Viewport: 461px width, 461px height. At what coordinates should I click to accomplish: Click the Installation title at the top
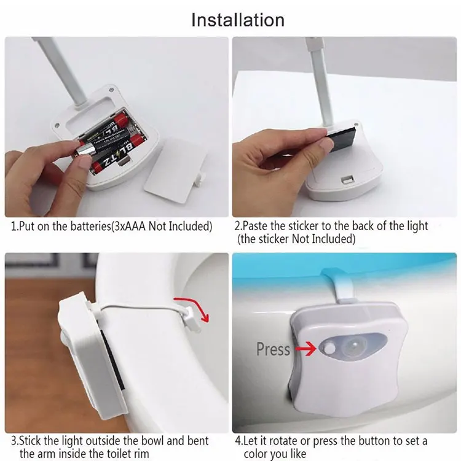point(238,19)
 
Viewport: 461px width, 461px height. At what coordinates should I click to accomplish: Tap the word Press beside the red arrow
point(273,349)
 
